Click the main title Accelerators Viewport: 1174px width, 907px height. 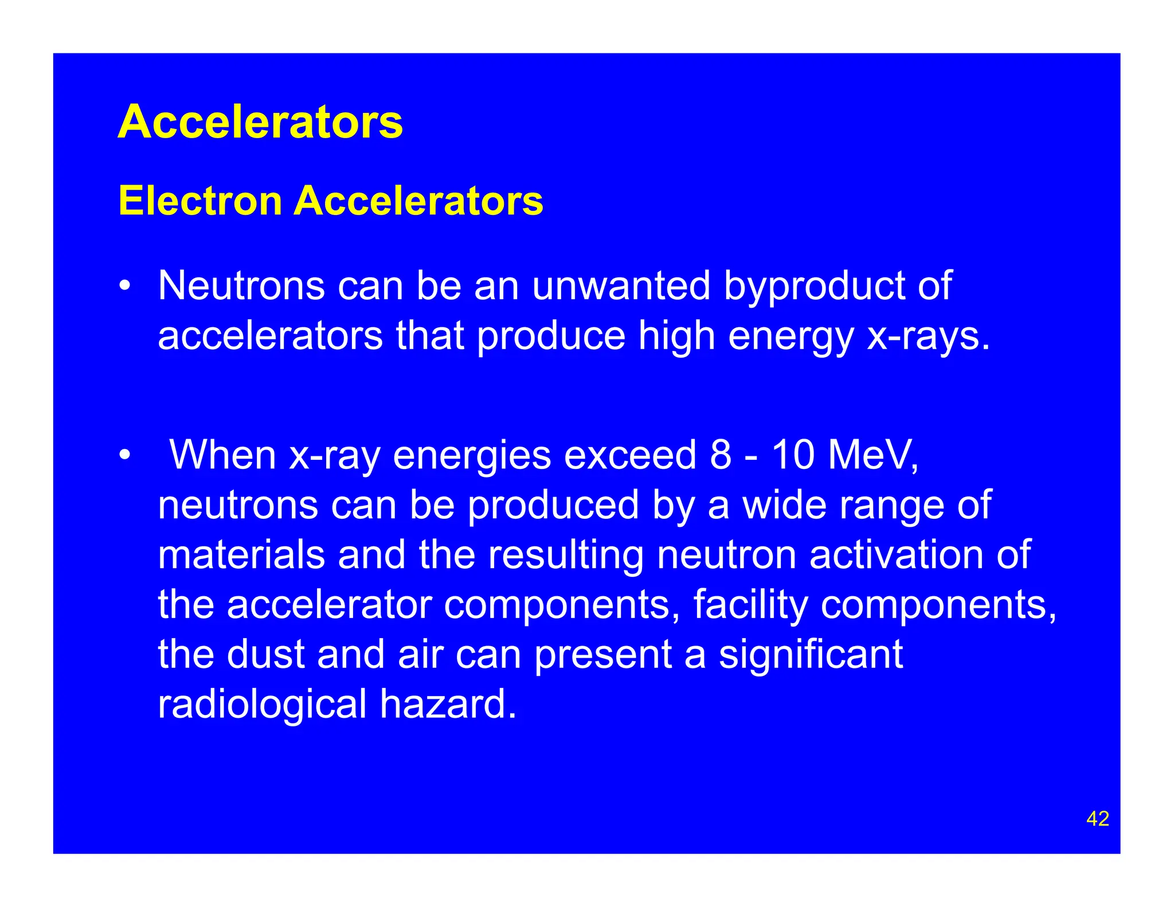coord(260,122)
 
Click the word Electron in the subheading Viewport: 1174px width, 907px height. coord(200,201)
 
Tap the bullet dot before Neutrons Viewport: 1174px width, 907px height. coord(124,286)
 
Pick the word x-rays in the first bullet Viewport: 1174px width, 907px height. coord(928,336)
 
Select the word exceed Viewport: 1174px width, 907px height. coord(629,455)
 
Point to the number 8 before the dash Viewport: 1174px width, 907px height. coord(721,455)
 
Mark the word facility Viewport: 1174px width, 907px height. coord(750,605)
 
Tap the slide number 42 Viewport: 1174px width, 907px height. coord(1097,819)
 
